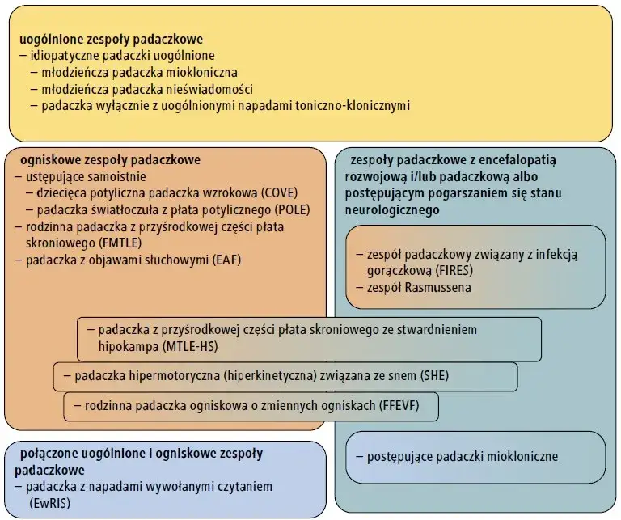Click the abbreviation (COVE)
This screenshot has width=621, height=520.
point(285,192)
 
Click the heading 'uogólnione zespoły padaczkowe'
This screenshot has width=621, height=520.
point(111,38)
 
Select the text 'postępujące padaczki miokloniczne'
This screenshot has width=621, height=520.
point(463,456)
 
